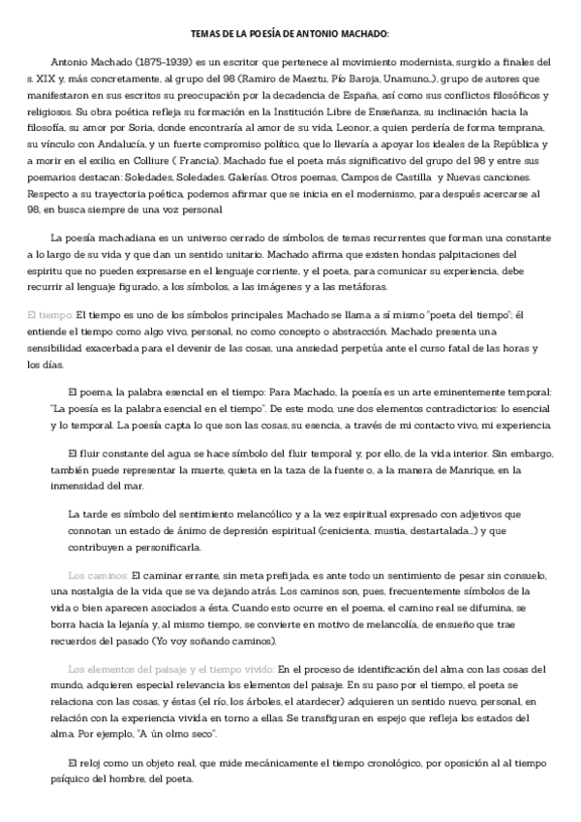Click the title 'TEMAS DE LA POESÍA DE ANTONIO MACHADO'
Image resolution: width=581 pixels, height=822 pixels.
pos(290,34)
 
